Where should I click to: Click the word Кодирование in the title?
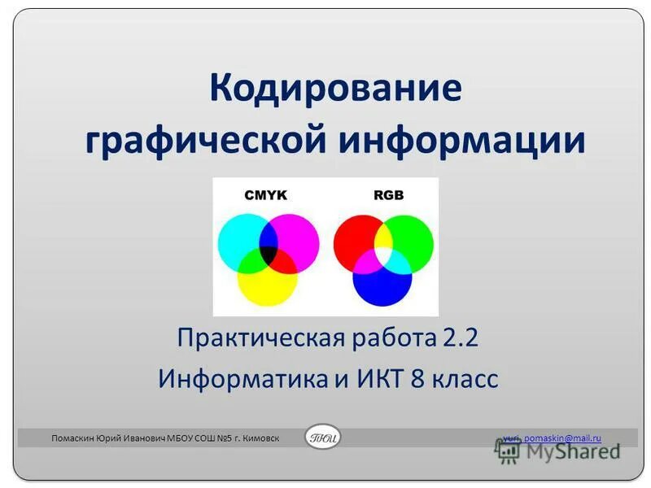[x=335, y=88]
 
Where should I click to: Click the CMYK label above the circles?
[x=266, y=195]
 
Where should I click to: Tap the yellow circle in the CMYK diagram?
[x=269, y=289]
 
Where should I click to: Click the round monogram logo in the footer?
[x=323, y=438]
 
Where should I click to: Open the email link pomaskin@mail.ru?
[x=561, y=438]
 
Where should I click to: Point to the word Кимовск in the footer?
[x=257, y=438]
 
